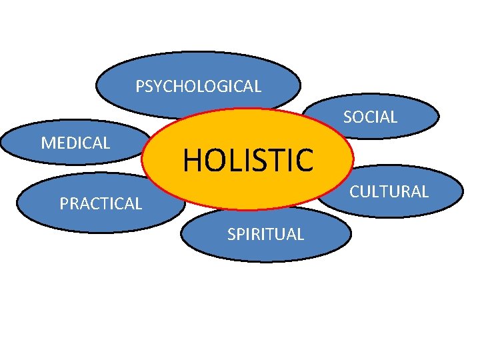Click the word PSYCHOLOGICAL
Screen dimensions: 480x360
(198, 86)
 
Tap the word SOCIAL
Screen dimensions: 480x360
(370, 117)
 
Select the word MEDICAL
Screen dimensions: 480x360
(75, 142)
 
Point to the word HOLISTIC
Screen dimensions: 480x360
(247, 160)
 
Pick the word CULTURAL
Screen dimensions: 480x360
(389, 192)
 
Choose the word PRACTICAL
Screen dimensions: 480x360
(101, 204)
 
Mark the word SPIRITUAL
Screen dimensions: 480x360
(265, 234)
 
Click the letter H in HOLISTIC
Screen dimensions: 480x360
(191, 160)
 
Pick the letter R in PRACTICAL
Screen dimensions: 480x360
(73, 204)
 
